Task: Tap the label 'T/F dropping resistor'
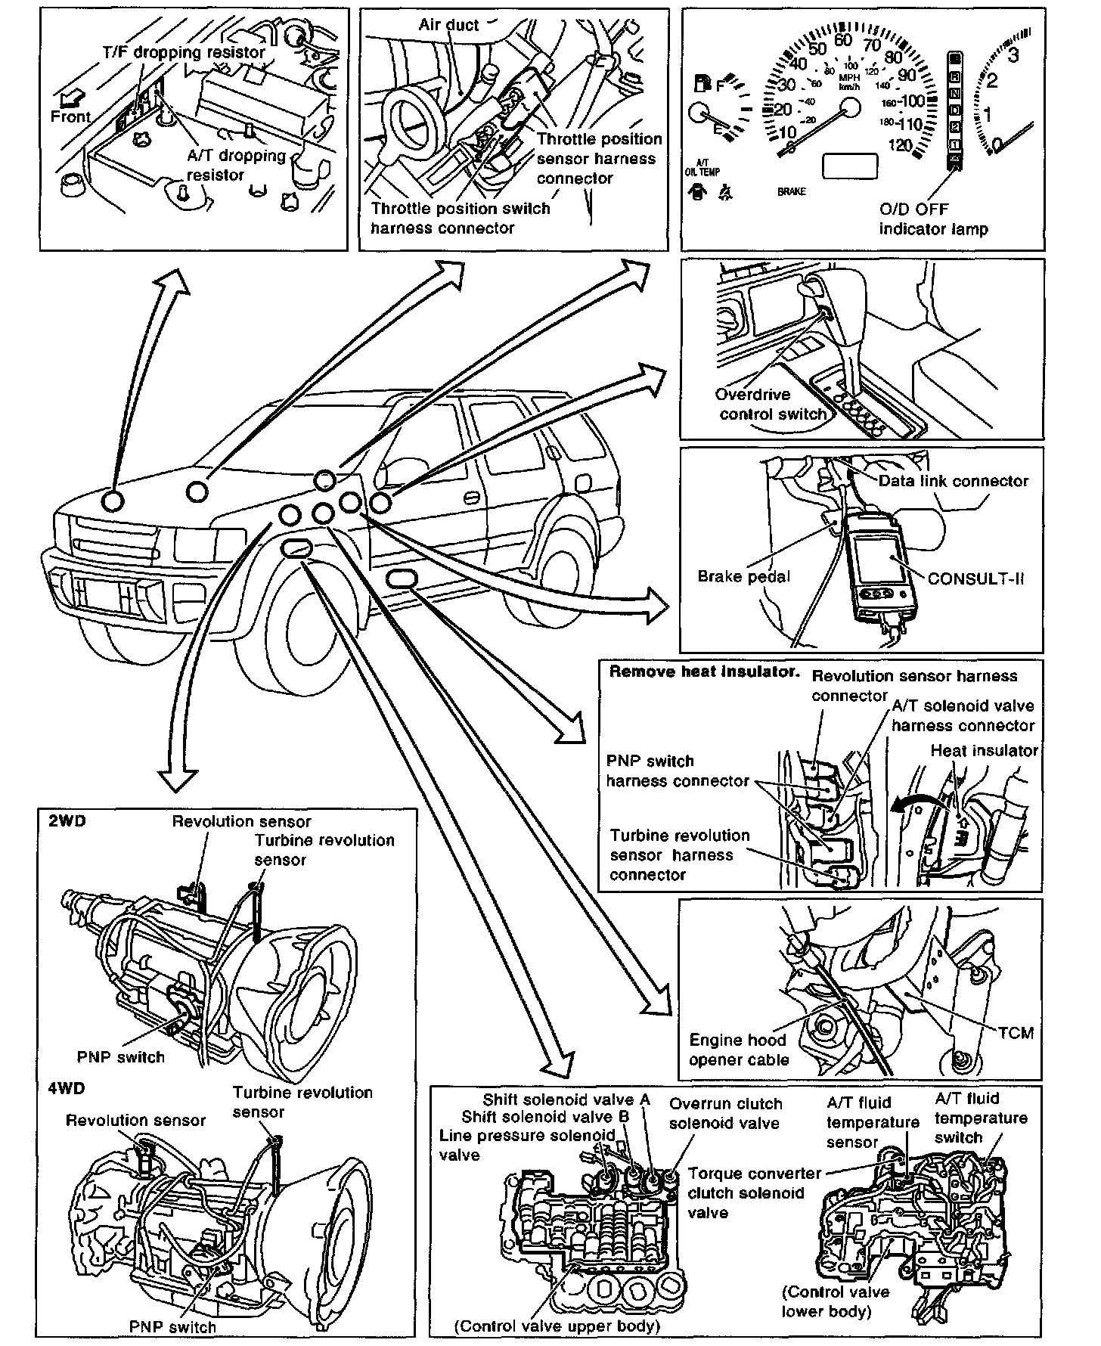184,52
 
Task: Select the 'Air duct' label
448,25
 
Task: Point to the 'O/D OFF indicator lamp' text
933,219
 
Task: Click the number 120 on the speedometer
900,146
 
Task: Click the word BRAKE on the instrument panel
792,192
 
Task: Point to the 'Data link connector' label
954,481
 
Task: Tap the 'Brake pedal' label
743,577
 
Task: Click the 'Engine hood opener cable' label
738,1050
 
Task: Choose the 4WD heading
67,1088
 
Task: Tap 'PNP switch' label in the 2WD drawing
121,1057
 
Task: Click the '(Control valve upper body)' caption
557,1326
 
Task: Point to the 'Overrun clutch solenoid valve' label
724,1113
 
